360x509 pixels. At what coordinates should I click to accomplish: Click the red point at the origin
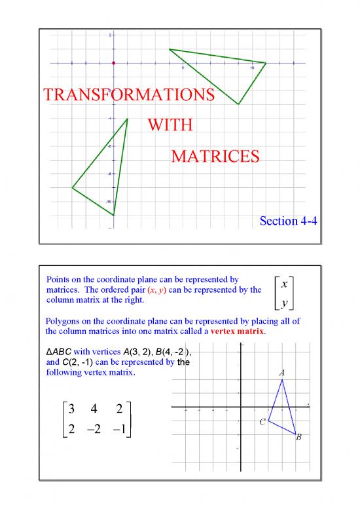[113, 63]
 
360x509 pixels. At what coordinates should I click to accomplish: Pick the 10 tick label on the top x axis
[252, 67]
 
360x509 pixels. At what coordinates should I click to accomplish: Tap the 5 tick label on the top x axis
[183, 67]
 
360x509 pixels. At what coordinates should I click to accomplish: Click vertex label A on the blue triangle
[281, 372]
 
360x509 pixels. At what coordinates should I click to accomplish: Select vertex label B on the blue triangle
[298, 437]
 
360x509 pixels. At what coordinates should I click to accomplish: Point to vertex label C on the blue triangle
[261, 423]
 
